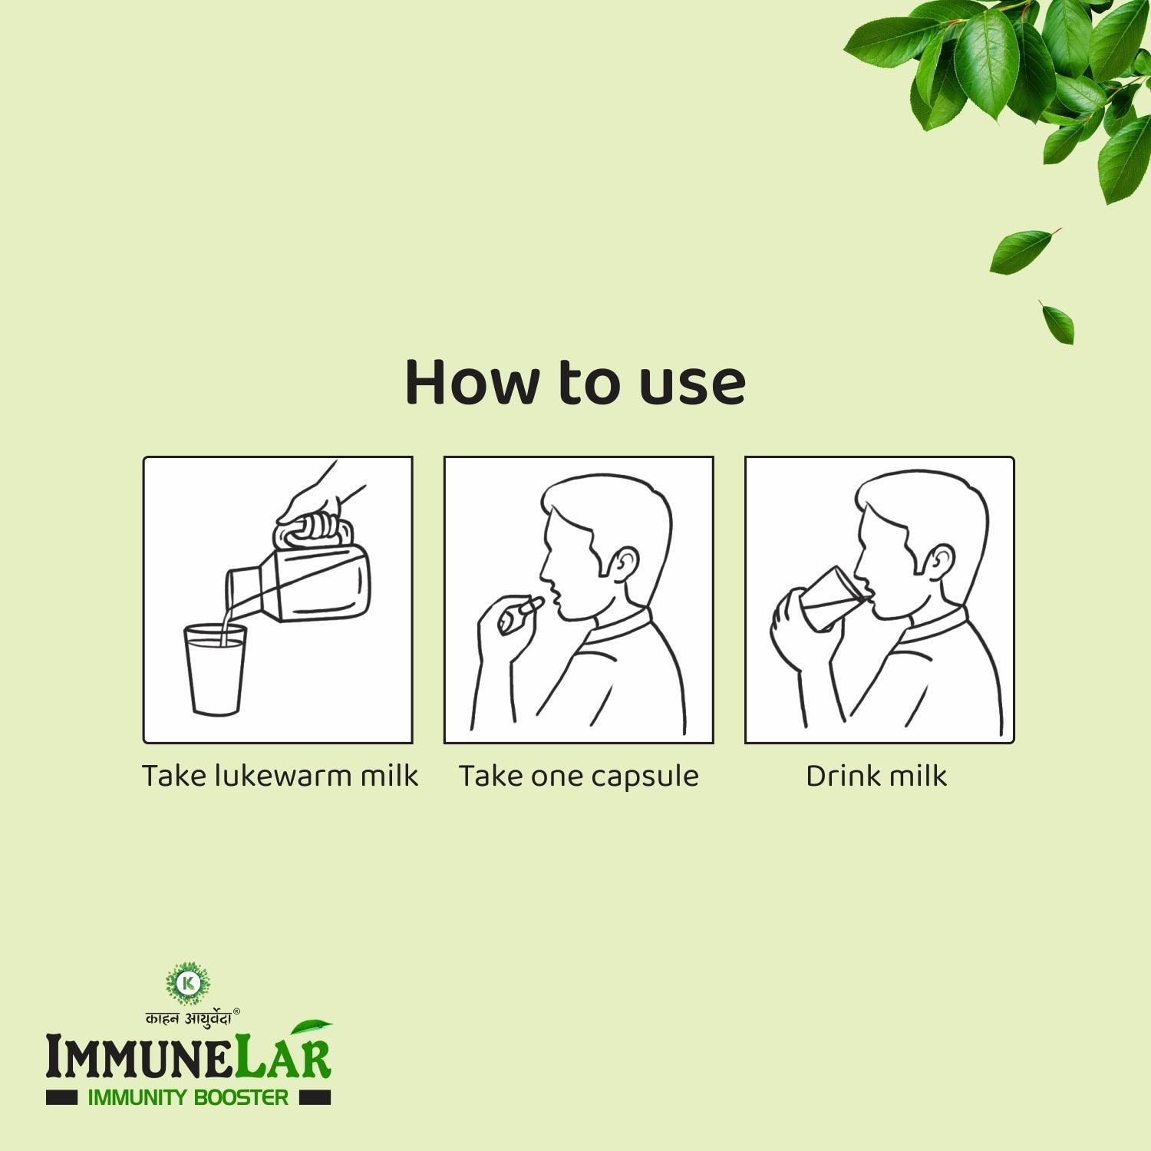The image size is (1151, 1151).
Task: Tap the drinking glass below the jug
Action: click(x=216, y=669)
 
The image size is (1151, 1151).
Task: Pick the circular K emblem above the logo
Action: click(x=187, y=984)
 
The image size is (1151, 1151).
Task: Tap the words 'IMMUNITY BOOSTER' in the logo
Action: click(x=189, y=1097)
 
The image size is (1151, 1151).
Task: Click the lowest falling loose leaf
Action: click(x=1057, y=322)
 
